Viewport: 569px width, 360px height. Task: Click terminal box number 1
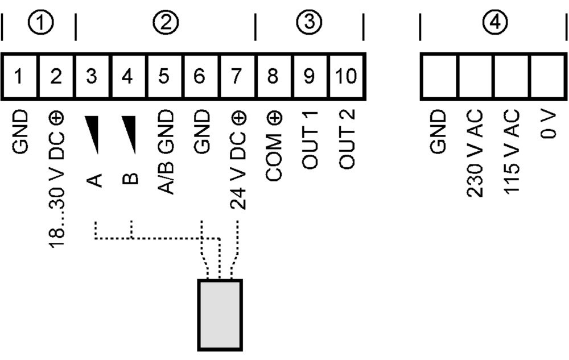click(19, 76)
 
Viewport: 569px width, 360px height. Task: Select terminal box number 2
click(55, 76)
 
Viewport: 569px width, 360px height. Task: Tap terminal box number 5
click(164, 76)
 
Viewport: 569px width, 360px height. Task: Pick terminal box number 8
click(274, 76)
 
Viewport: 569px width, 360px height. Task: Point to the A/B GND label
click(165, 151)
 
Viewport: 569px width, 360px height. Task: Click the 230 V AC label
click(475, 154)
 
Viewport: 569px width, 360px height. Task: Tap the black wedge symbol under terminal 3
click(92, 134)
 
